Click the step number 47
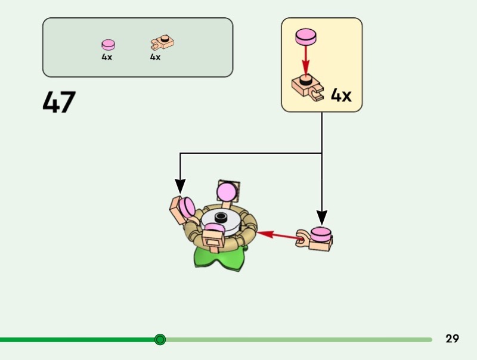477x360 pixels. [59, 103]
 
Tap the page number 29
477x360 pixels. [452, 339]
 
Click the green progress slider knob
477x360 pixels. [160, 340]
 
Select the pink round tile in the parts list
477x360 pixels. [108, 45]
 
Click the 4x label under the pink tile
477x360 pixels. [107, 58]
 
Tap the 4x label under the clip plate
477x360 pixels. [156, 58]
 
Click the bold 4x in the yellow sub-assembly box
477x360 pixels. [341, 95]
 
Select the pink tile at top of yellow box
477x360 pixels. [306, 36]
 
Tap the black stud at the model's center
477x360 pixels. [221, 217]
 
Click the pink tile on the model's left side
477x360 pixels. [187, 207]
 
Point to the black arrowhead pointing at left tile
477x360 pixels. [180, 186]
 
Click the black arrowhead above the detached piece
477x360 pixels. [322, 216]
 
